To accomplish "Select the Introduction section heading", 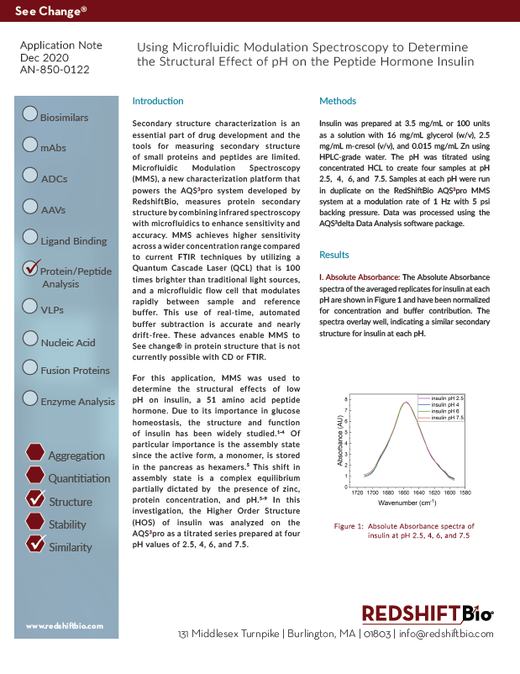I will [158, 101].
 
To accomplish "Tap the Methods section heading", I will [339, 101].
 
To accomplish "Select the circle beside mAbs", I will [30, 145].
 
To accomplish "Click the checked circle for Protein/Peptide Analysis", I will [30, 268].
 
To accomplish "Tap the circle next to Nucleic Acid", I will [30, 339].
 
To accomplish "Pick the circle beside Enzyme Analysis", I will [30, 398].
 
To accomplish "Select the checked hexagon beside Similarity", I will [35, 544].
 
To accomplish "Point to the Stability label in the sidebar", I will [67, 524].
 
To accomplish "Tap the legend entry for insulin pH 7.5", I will [447, 417].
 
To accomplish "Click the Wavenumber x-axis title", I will [407, 503].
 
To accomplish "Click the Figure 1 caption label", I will [349, 525].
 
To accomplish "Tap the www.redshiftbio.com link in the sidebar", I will [64, 626].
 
